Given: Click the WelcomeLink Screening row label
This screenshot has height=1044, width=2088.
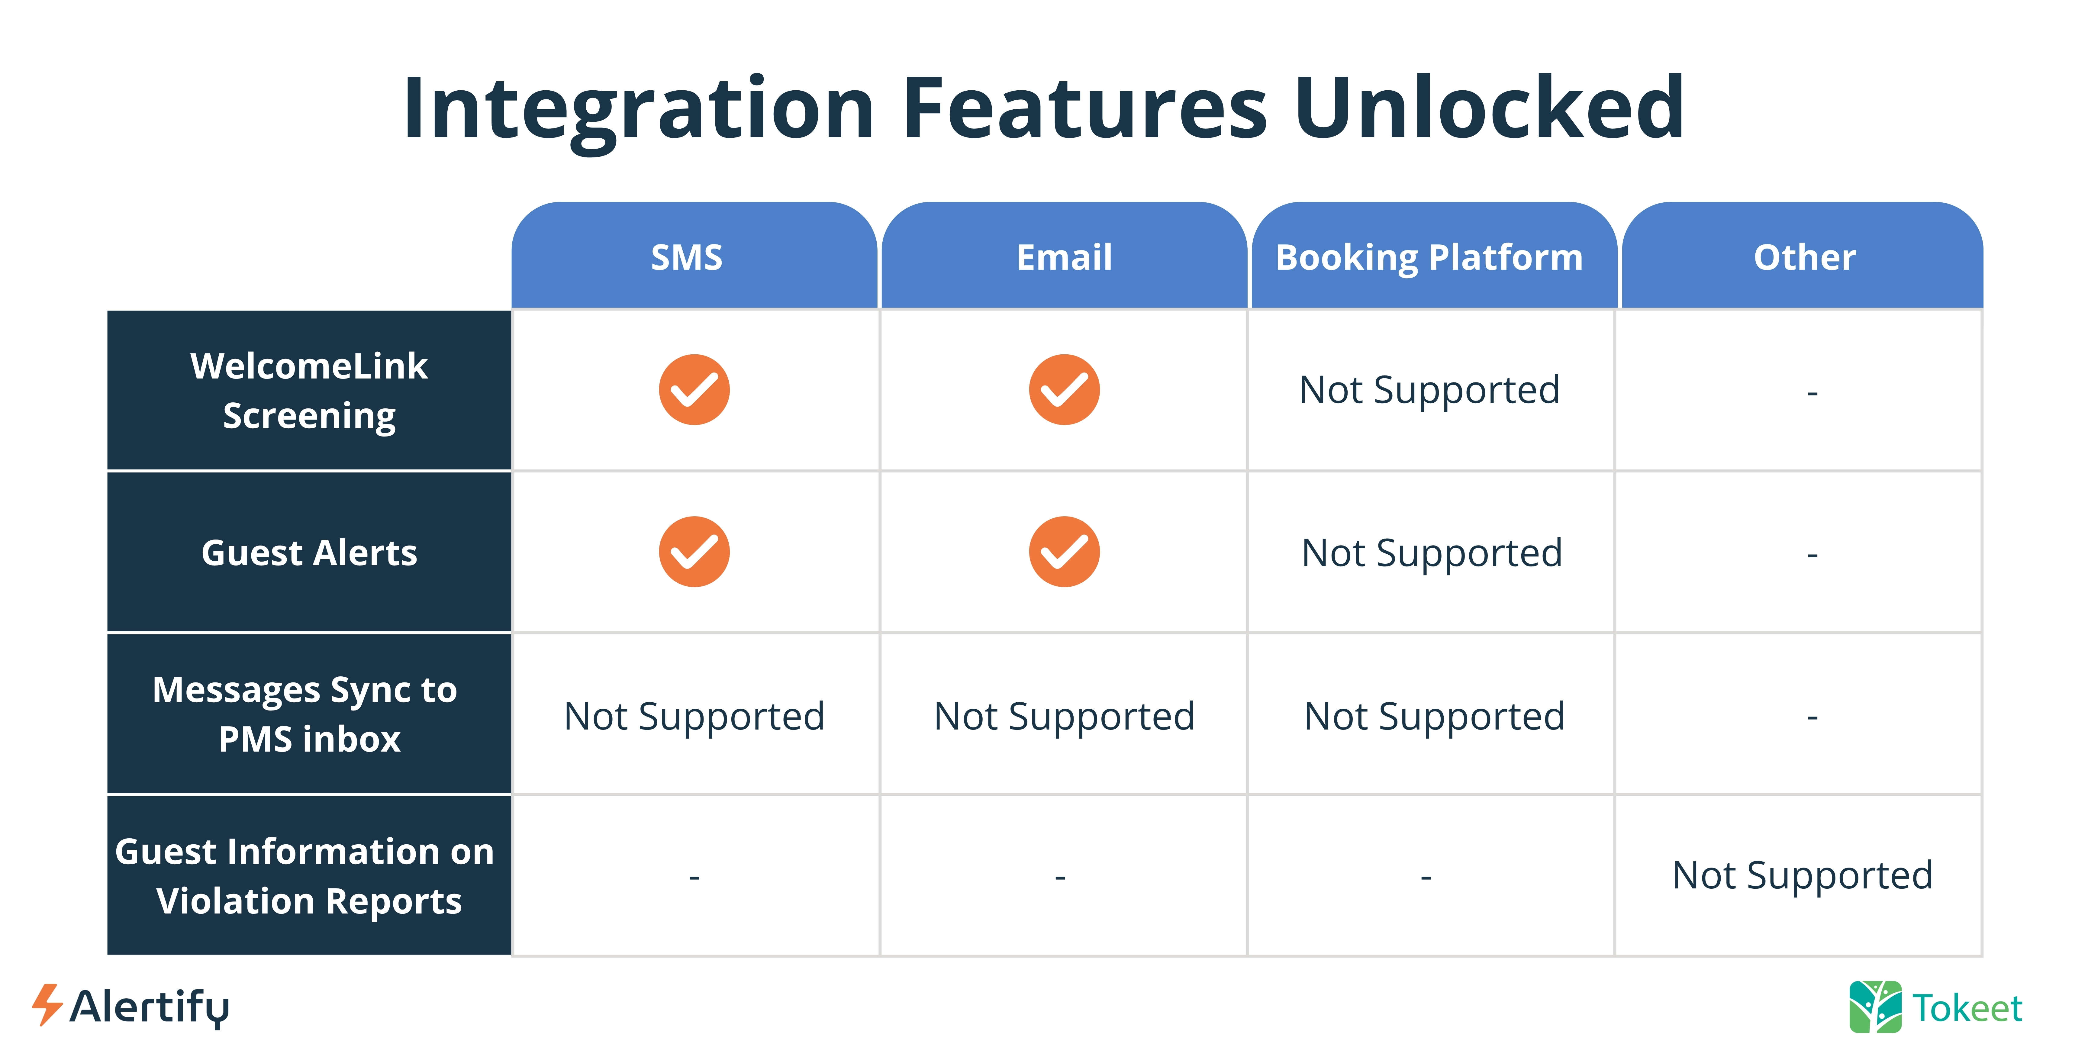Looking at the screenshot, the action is pos(309,391).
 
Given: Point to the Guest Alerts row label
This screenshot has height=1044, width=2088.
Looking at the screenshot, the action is pos(309,553).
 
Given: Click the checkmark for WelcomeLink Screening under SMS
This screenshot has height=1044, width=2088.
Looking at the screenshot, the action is pos(694,390).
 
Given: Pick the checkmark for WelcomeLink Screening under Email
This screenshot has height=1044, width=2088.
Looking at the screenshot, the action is pos(1064,390).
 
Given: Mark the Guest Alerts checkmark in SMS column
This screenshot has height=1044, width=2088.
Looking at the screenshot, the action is pos(694,552).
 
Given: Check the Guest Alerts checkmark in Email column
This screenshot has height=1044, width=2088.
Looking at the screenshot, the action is pos(1064,552).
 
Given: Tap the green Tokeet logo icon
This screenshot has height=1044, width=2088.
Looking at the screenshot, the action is pos(1875,1007).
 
